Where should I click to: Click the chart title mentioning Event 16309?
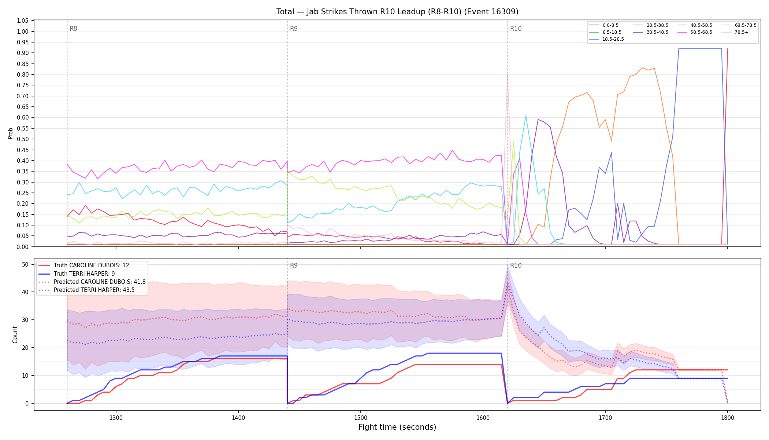click(397, 12)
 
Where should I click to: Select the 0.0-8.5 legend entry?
click(604, 25)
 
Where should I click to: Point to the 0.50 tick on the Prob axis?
click(23, 139)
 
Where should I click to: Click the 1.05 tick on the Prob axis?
click(23, 21)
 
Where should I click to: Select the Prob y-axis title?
click(10, 133)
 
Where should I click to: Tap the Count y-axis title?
click(15, 334)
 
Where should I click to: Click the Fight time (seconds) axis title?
click(397, 427)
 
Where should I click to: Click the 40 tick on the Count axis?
click(25, 292)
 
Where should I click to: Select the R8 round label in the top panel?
click(73, 29)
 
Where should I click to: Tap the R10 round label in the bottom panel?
click(516, 265)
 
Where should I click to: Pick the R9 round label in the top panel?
click(294, 29)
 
